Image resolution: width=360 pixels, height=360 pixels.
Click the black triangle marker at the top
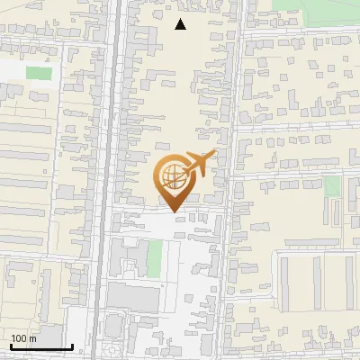pos(181,24)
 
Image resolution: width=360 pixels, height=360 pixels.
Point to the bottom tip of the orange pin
pos(174,212)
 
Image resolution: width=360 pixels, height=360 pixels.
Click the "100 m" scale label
pos(23,339)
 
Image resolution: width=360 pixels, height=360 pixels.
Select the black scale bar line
pos(40,346)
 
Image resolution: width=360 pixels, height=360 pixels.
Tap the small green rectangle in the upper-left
pos(39,73)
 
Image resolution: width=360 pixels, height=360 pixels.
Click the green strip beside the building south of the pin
pos(155,258)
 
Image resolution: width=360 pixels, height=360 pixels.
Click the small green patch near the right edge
pos(333,186)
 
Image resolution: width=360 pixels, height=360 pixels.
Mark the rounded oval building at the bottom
pos(112,346)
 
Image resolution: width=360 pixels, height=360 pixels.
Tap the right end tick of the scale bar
pos(72,346)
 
